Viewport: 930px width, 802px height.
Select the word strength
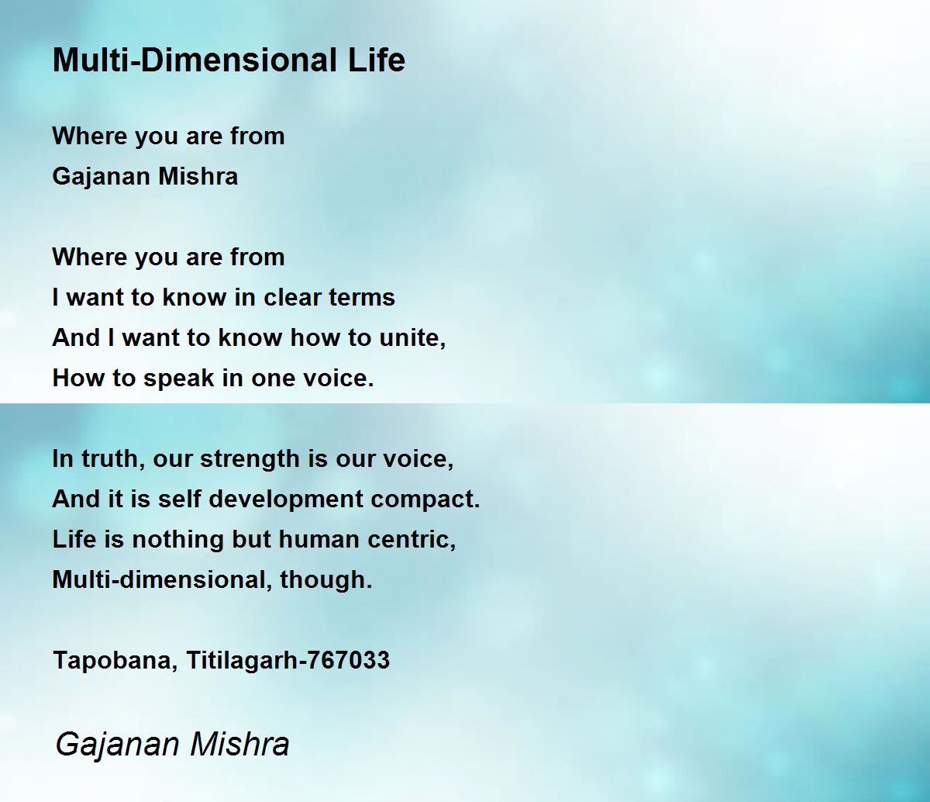tap(250, 460)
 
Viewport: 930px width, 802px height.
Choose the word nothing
tap(177, 541)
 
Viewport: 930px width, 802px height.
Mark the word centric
tap(412, 540)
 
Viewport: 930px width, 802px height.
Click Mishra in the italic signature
tap(239, 744)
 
